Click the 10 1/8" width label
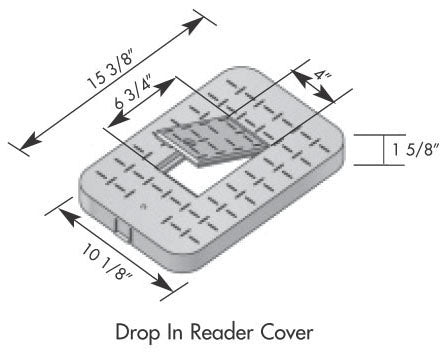click(107, 262)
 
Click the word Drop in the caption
click(137, 333)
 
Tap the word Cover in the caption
click(287, 333)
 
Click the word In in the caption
click(175, 332)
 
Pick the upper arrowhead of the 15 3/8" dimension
click(194, 25)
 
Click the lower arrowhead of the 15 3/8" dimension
click(29, 141)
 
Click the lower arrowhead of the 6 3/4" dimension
click(118, 120)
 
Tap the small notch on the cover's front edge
click(123, 229)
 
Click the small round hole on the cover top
click(144, 207)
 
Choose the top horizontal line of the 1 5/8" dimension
click(379, 135)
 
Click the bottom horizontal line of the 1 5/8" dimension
click(379, 165)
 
